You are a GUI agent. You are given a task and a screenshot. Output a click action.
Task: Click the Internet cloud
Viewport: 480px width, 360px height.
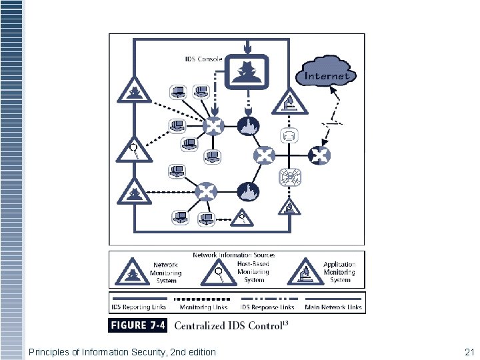pyautogui.click(x=327, y=73)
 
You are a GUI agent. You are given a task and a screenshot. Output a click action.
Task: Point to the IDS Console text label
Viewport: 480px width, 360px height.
pyautogui.click(x=203, y=59)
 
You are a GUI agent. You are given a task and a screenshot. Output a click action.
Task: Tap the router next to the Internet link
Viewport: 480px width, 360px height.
pyautogui.click(x=319, y=156)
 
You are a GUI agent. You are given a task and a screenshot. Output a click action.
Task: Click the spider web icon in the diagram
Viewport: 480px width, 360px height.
pyautogui.click(x=291, y=177)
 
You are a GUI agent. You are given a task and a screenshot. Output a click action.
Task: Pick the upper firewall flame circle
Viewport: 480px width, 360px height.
pyautogui.click(x=247, y=125)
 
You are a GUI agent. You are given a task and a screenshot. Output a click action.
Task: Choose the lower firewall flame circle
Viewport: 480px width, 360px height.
pyautogui.click(x=247, y=191)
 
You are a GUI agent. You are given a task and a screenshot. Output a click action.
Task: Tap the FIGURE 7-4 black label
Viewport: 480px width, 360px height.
pyautogui.click(x=138, y=325)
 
